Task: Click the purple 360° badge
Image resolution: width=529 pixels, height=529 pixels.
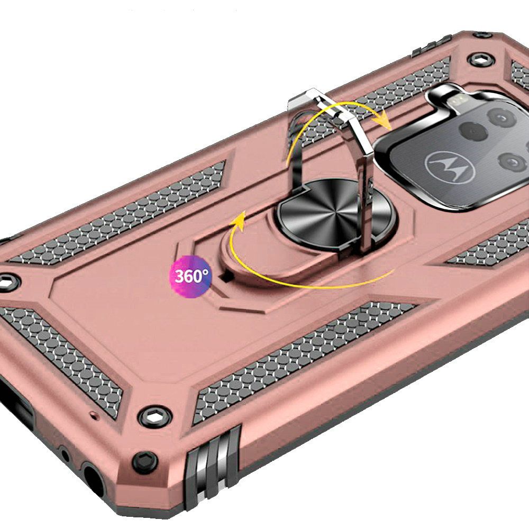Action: click(190, 277)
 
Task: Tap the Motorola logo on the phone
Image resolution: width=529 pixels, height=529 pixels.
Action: click(450, 167)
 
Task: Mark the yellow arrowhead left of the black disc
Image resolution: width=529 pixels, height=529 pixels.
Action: click(239, 221)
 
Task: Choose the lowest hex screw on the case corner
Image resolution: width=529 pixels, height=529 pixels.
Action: click(145, 461)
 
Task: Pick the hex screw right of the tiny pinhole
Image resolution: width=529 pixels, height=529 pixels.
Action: click(155, 417)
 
